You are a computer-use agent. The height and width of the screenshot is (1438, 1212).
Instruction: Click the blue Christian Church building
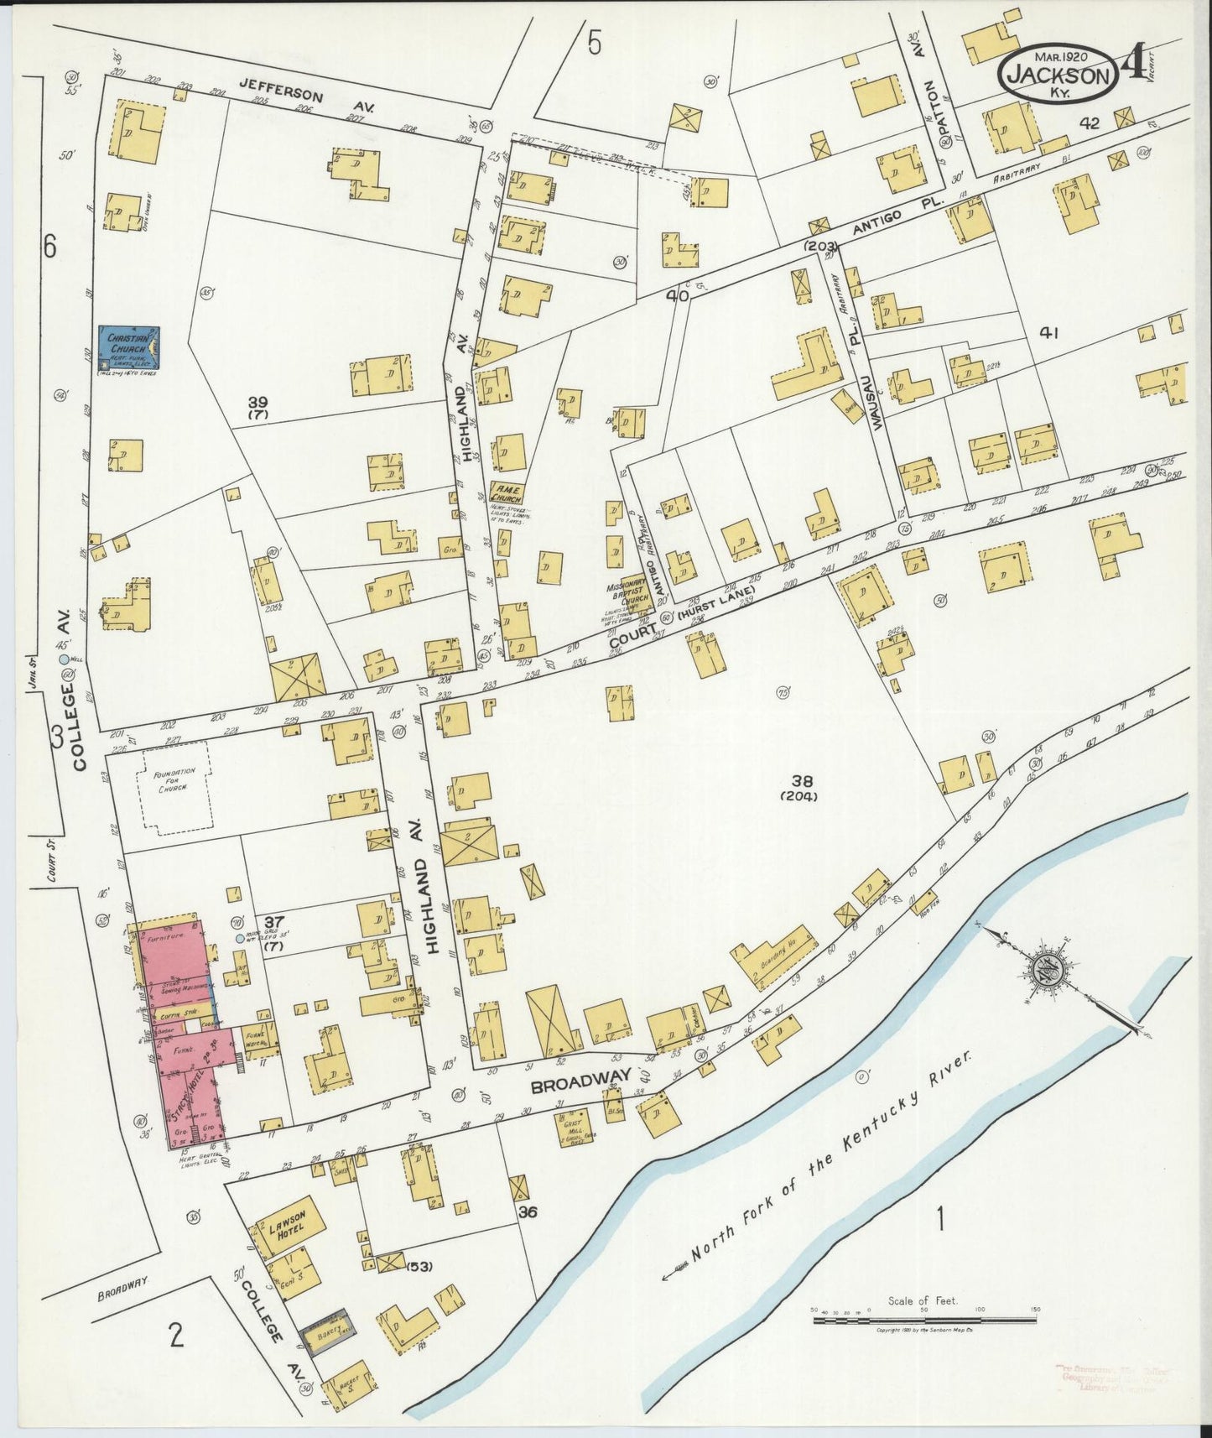point(130,345)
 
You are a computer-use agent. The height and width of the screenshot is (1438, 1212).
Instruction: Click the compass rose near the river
point(1055,969)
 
